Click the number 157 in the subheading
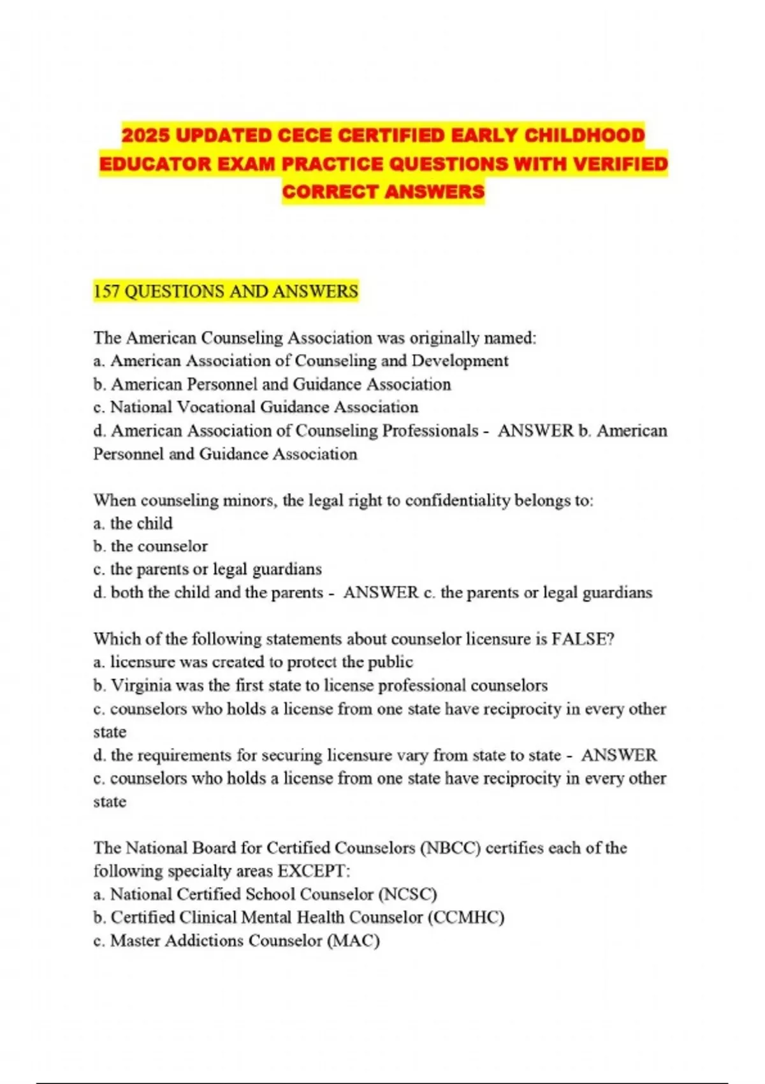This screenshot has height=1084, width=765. tap(106, 291)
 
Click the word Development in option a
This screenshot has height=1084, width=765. tap(460, 361)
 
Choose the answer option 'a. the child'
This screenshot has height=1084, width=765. tap(133, 523)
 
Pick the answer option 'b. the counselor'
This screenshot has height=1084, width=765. tap(150, 546)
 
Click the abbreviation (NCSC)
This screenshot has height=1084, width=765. tap(407, 894)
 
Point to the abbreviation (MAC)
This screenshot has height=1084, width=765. tap(353, 941)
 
